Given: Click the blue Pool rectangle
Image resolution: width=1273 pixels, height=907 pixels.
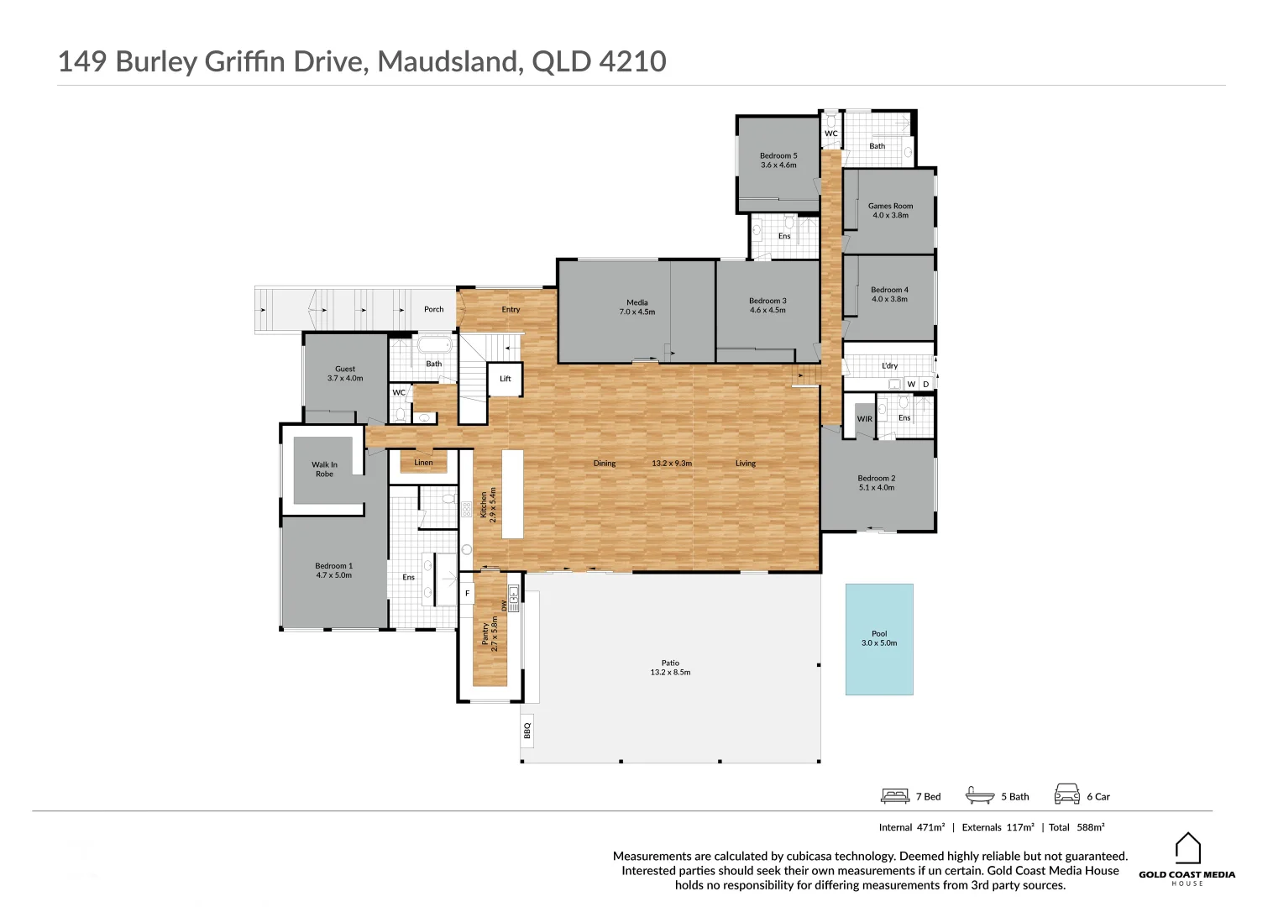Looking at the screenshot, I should (878, 639).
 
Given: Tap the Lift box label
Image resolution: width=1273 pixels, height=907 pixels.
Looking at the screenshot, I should (506, 379).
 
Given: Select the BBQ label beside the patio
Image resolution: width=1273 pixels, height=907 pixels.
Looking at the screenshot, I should (527, 731).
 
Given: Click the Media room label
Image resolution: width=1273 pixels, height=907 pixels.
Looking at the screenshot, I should (636, 307).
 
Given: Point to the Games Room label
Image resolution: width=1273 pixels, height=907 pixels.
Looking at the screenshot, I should (890, 210).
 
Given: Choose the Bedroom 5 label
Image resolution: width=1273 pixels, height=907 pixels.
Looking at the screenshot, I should (778, 160).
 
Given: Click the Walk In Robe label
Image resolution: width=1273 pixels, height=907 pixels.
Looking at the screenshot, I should (324, 469).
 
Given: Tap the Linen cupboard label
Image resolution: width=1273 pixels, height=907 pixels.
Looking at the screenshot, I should (423, 463).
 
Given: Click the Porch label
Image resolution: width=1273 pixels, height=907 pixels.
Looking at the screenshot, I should (433, 309).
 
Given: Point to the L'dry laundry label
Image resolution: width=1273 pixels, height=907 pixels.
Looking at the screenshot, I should (889, 366).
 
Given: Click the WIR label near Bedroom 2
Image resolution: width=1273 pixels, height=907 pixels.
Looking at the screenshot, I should (864, 419).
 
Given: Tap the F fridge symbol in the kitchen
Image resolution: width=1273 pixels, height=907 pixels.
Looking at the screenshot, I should (468, 594).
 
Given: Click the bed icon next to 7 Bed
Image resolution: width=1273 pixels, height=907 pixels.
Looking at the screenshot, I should (895, 795).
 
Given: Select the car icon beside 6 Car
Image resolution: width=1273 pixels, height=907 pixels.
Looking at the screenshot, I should (1066, 794).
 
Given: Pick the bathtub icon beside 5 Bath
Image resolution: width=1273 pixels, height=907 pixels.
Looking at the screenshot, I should (980, 795).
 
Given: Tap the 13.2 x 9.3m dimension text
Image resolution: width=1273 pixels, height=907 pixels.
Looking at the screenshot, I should (672, 464).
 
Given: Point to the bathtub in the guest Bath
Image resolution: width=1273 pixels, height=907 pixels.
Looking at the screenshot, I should (435, 345).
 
